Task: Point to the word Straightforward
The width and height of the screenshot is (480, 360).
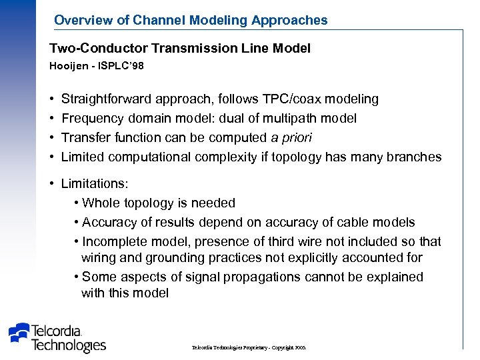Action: click(106, 99)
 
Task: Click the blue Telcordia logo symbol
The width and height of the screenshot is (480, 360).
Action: click(20, 332)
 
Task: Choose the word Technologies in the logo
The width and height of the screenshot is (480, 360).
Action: click(69, 345)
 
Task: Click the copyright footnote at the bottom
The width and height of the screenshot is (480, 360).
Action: click(249, 348)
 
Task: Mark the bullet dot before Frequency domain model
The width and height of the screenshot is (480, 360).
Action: click(52, 119)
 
